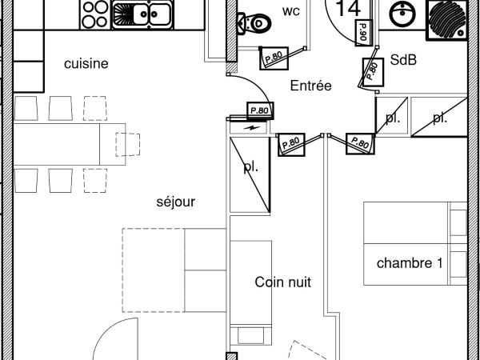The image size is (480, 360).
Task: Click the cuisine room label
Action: point(86,64)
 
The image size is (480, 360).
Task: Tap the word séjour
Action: point(176,202)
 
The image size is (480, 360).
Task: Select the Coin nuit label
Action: point(282,282)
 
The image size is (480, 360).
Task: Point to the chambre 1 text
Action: point(410,262)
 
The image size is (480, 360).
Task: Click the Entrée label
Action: point(311,86)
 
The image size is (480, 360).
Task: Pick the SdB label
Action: point(404,60)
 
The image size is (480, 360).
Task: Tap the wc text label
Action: point(290,12)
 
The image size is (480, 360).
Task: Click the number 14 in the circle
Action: point(347,9)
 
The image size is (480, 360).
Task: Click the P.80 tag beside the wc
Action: point(274,56)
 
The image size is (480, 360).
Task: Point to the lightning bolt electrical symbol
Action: point(252,127)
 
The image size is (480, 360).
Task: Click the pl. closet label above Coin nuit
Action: point(250,168)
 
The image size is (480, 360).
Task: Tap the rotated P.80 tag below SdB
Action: point(371,70)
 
